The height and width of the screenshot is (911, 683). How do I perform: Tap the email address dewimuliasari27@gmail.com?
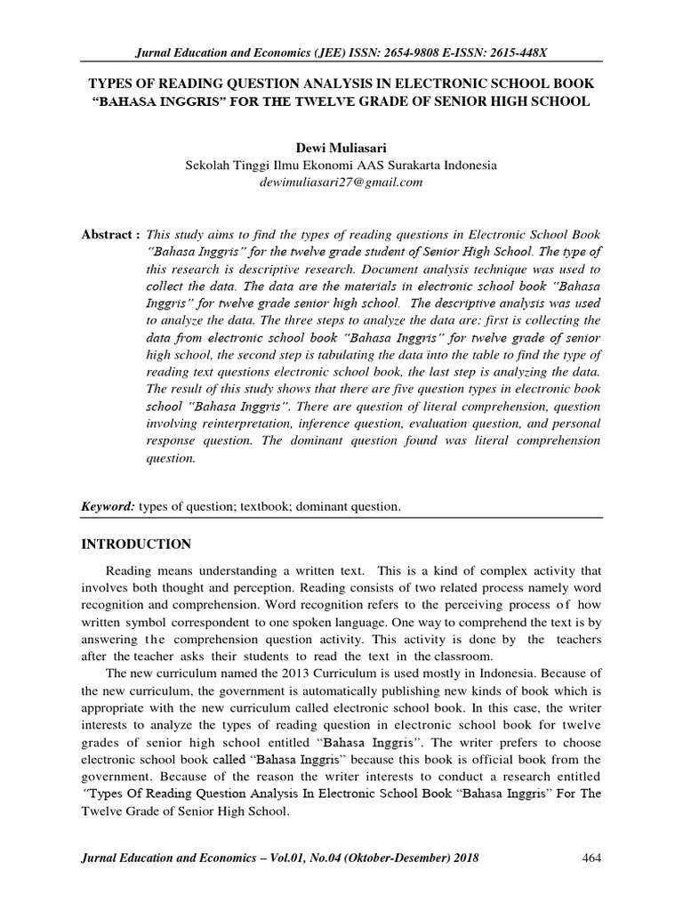(341, 182)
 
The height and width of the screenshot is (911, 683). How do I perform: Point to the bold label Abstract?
(108, 234)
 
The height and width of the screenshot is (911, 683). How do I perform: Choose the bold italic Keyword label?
(107, 507)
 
